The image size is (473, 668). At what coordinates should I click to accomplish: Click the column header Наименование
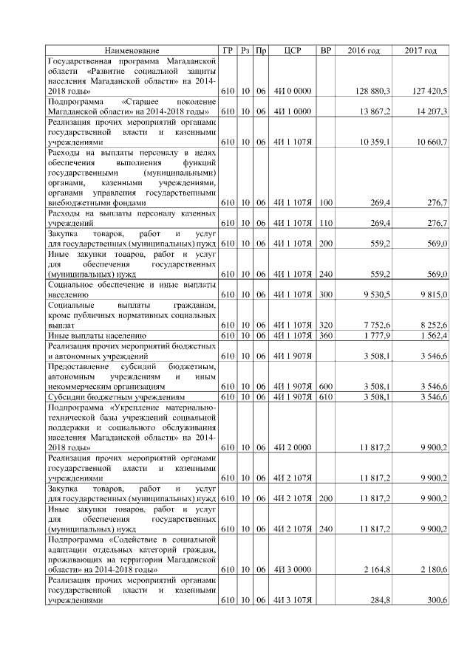point(132,50)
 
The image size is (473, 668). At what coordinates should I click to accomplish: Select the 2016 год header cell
point(364,50)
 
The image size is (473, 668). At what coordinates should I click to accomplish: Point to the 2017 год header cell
point(421,50)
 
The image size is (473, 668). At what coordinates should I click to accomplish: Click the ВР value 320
point(326,324)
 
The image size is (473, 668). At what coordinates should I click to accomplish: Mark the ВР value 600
point(326,385)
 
